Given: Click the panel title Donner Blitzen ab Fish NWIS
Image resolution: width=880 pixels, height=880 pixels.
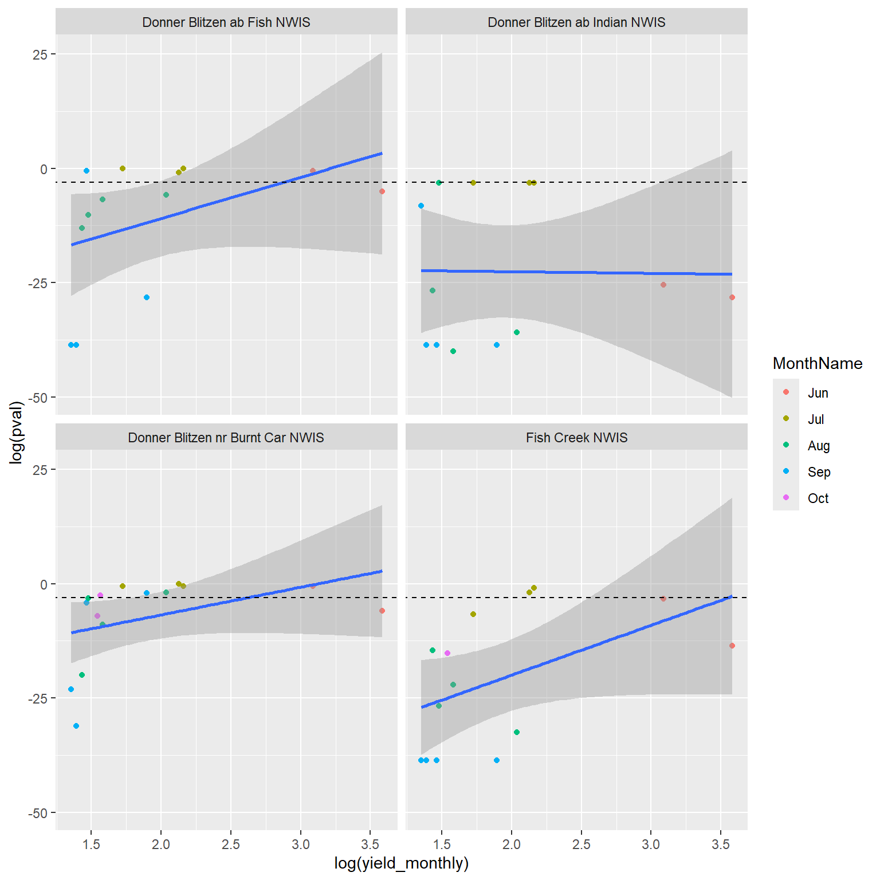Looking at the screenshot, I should click(226, 22).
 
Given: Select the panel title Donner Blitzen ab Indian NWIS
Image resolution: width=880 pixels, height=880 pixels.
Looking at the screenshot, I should click(576, 22).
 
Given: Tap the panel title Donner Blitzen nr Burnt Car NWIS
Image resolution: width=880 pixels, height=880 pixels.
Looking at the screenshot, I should click(226, 438).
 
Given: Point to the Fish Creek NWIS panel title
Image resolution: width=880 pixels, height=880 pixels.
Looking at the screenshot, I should click(576, 438).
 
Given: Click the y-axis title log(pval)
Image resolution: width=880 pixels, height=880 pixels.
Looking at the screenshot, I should click(17, 432).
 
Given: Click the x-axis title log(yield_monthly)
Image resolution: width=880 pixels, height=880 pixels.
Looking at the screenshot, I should click(401, 863).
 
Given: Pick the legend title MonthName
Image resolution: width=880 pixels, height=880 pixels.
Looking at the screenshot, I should click(817, 363).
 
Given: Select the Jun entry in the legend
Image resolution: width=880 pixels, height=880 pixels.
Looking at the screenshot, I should click(818, 393).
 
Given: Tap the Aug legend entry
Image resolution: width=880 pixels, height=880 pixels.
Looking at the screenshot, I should click(818, 446).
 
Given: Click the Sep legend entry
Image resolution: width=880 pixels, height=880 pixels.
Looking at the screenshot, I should click(818, 472).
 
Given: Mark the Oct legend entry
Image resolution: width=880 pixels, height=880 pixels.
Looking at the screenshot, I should click(818, 498).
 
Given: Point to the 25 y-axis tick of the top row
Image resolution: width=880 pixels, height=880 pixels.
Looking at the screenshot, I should click(40, 54).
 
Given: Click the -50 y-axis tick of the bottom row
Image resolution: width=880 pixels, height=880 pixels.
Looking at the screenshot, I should click(38, 814).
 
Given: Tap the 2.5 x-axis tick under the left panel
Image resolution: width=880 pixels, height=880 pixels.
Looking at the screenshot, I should click(231, 844).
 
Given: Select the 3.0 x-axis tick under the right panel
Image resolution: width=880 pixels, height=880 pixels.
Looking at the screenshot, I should click(651, 844).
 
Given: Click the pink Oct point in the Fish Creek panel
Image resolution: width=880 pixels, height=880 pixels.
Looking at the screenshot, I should click(447, 653).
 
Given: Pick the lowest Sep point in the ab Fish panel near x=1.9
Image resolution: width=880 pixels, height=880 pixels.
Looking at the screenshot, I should click(147, 297).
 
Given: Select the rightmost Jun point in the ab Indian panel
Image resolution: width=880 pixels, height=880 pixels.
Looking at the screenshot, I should click(732, 297).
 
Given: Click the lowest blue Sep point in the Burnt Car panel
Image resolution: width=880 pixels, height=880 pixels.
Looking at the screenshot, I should click(76, 726).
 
